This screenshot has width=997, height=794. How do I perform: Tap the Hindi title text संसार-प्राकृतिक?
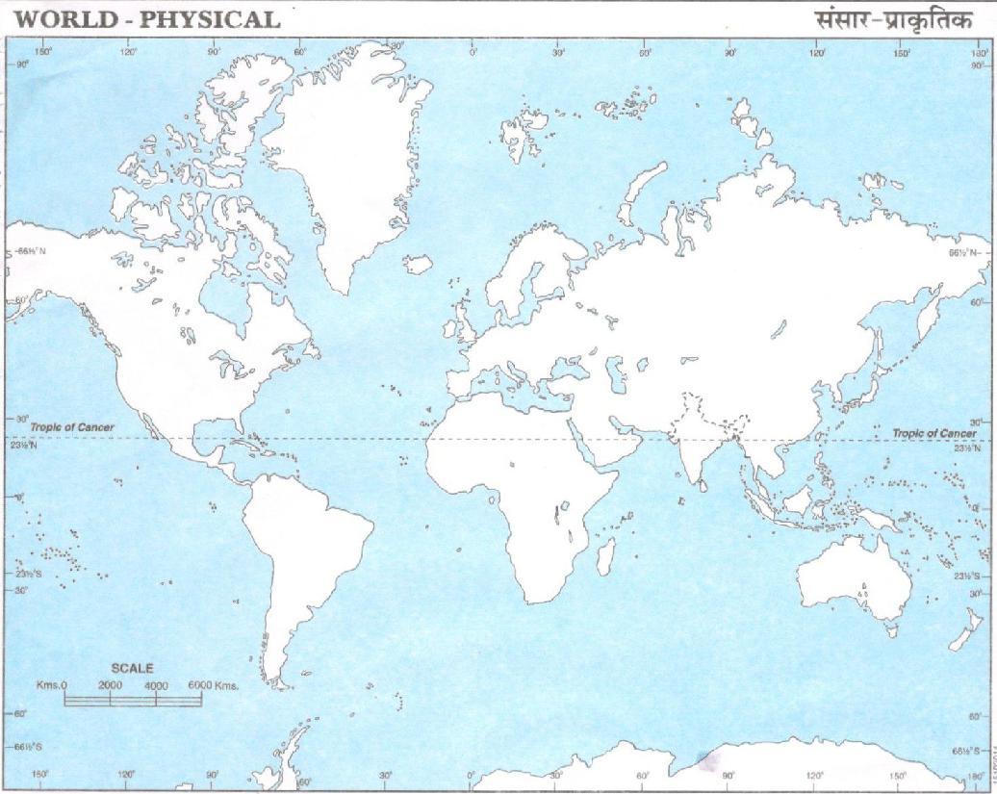[x=893, y=18]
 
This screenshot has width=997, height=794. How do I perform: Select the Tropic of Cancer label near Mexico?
[x=72, y=426]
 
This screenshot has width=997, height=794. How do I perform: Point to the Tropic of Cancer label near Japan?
[x=933, y=433]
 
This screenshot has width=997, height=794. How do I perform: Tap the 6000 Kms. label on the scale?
[x=213, y=684]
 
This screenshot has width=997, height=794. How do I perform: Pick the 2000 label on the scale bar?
[x=111, y=684]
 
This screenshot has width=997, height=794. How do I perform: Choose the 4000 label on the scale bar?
[x=156, y=684]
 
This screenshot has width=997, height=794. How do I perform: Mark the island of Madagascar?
[x=605, y=555]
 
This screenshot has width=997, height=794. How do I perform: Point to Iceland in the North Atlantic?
[x=419, y=264]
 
